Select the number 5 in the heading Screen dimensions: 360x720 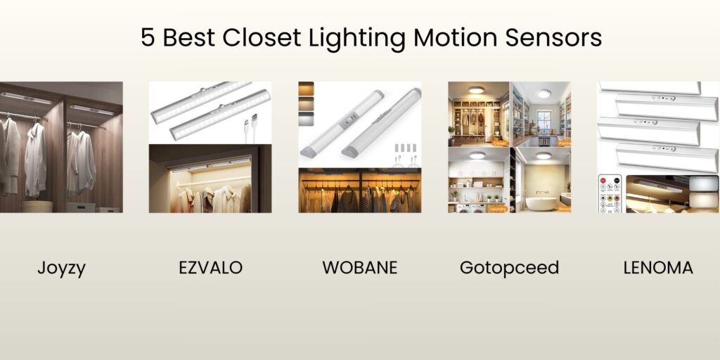(147, 37)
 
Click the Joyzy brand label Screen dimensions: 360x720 (61, 268)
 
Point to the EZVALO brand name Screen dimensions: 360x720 (210, 268)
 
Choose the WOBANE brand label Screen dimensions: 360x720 (359, 268)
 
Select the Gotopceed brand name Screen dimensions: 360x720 (509, 268)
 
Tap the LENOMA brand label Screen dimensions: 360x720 (658, 268)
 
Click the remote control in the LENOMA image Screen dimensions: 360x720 (609, 193)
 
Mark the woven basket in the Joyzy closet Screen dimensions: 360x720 (37, 206)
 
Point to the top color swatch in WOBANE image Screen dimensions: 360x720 (306, 89)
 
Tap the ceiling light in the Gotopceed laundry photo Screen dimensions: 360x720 (477, 155)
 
